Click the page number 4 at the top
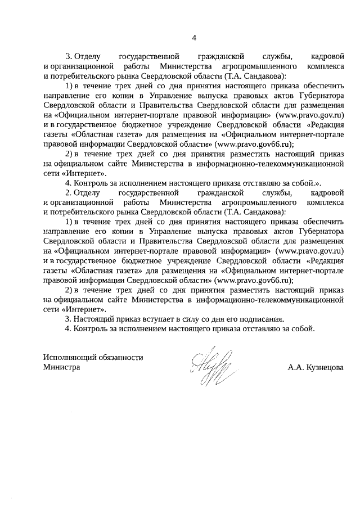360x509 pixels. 194,38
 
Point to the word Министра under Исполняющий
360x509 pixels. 61,367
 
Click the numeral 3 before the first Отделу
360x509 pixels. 69,57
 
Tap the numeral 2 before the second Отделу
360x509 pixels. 69,193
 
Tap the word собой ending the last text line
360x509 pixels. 303,328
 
